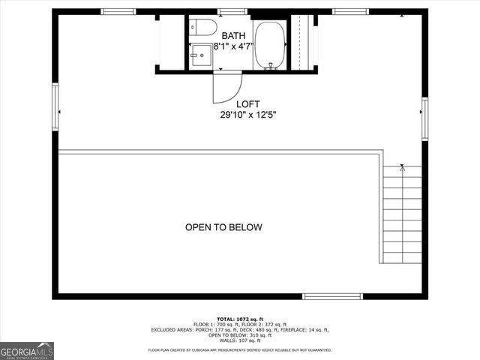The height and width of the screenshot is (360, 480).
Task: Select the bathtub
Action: [270, 44]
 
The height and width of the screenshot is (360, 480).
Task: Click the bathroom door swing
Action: [225, 87]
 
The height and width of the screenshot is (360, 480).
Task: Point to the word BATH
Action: [232, 34]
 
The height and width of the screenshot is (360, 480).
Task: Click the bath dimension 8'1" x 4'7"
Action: [233, 46]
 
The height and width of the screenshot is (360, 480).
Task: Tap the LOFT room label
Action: [248, 104]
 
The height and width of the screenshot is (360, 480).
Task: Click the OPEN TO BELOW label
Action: [223, 226]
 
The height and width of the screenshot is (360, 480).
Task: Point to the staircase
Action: [402, 217]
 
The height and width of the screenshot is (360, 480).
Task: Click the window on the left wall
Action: [55, 106]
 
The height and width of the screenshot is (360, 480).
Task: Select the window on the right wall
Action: [424, 119]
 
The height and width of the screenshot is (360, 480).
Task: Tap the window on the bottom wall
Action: [327, 295]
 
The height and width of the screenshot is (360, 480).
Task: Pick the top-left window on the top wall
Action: [118, 11]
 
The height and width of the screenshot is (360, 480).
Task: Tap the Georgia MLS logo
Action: [27, 350]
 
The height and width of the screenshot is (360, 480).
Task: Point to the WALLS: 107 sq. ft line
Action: [239, 340]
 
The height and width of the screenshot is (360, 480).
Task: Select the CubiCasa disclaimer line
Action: [239, 350]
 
